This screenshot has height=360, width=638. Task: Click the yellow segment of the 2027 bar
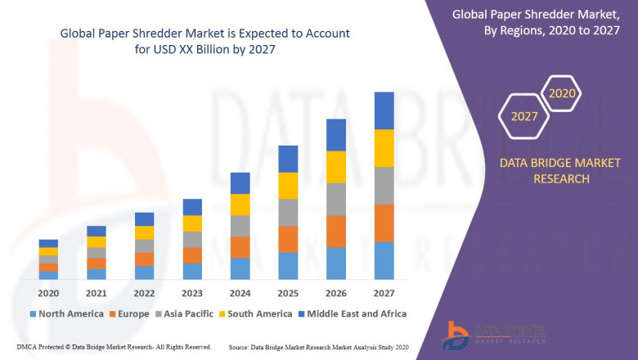(384, 148)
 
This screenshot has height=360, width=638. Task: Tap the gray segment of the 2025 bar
(288, 212)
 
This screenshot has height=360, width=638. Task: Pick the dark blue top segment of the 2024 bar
(240, 182)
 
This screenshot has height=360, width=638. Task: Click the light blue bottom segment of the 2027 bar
(384, 260)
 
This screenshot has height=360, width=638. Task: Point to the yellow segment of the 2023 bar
(192, 223)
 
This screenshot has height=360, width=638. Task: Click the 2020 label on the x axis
(48, 293)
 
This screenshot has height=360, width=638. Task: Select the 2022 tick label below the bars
(144, 293)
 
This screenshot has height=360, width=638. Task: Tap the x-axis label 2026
(336, 293)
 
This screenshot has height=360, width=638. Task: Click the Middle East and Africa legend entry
(357, 313)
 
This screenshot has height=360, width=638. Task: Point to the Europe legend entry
(131, 313)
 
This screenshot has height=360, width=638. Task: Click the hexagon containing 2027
(524, 116)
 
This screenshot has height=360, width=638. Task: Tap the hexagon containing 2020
(562, 93)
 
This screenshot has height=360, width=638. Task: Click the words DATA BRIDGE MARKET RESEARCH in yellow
(560, 171)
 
